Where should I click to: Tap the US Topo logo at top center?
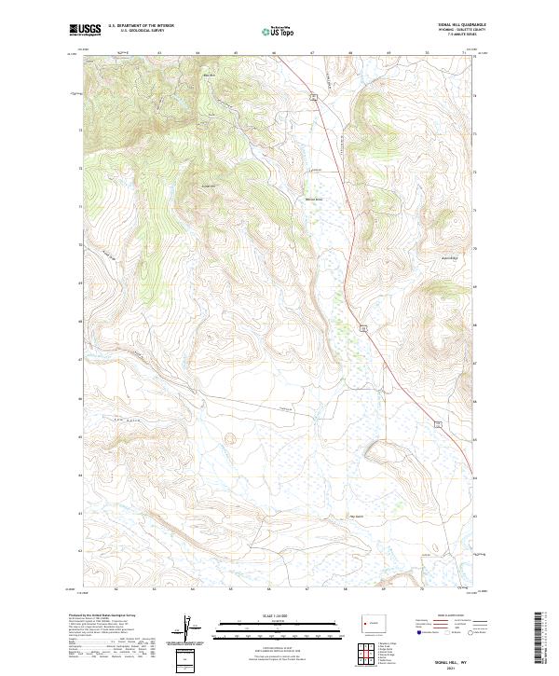279,31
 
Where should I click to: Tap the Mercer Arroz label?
314,200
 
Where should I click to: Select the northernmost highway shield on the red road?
315,96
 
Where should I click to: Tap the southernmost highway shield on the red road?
435,425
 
